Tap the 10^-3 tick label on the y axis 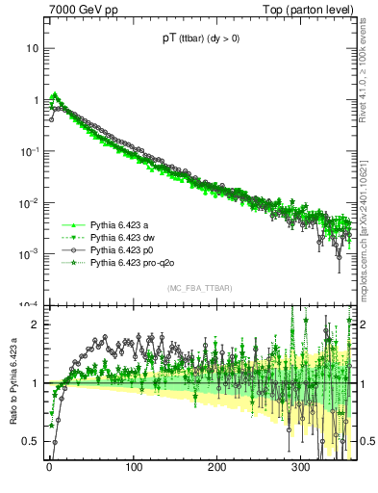tap(30, 254)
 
